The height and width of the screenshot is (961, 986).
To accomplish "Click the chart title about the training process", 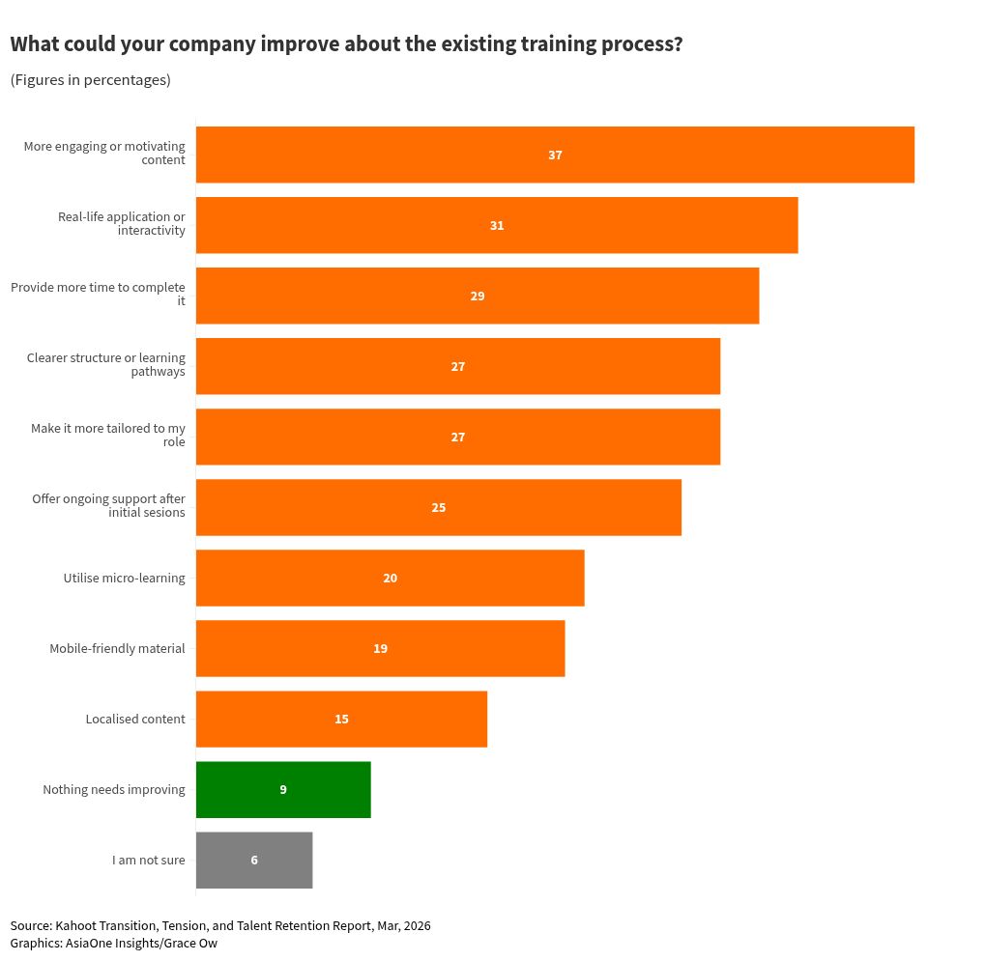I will [x=346, y=44].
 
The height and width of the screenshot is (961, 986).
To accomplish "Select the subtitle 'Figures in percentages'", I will [x=90, y=80].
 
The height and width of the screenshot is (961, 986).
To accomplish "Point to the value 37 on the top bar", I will [x=555, y=155].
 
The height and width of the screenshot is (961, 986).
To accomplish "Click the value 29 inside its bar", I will [x=478, y=297].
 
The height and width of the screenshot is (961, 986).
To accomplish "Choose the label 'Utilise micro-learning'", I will [x=124, y=579].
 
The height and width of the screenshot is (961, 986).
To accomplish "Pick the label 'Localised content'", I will [x=135, y=720].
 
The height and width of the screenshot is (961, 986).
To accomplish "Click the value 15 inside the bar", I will [x=341, y=720].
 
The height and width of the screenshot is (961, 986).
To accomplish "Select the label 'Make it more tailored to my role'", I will [x=108, y=436].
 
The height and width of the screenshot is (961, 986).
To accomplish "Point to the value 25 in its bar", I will [x=439, y=508].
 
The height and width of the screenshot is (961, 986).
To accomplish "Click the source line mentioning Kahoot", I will [x=220, y=926].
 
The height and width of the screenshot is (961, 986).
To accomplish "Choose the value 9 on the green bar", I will [x=283, y=790].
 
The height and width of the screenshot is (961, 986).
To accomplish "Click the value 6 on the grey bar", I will [x=254, y=861].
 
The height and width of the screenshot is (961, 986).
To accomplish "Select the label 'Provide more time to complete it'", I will [x=98, y=295].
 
